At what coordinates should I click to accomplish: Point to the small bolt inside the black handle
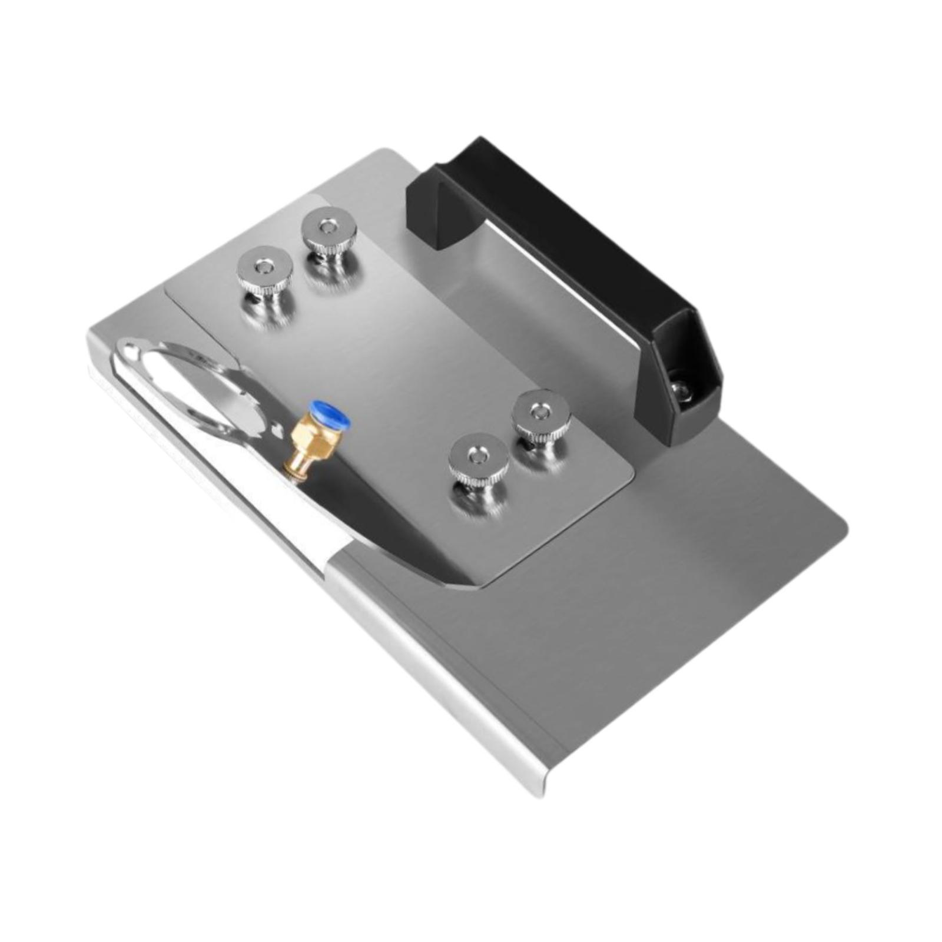pyautogui.click(x=680, y=388)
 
